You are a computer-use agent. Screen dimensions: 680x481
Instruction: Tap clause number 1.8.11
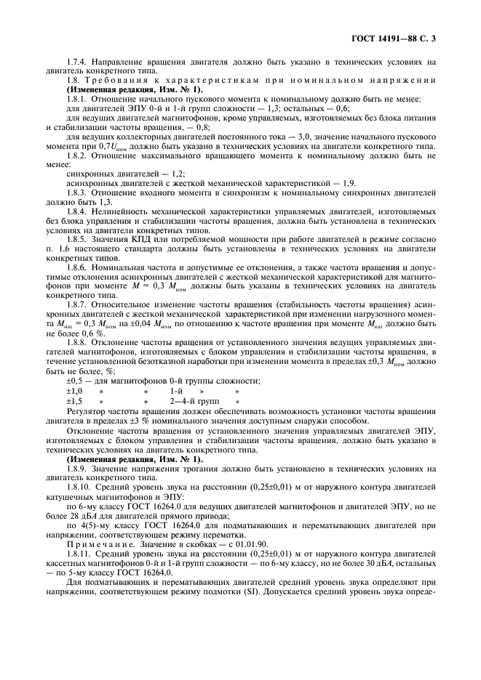coord(79,554)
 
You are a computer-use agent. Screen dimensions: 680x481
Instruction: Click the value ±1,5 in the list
coord(74,400)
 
